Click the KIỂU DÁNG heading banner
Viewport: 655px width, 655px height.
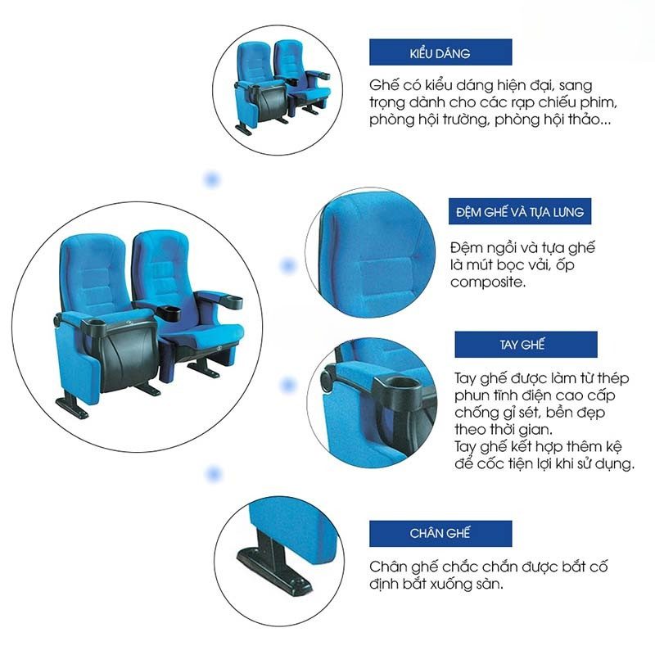point(440,52)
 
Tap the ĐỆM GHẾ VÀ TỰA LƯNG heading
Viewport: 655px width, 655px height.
point(520,211)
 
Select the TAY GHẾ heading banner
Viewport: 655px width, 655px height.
point(526,344)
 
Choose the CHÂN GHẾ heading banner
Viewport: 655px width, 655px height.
point(440,534)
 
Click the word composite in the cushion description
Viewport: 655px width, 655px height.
point(488,282)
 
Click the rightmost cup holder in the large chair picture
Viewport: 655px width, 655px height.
point(230,300)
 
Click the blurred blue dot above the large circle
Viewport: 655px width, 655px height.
point(212,180)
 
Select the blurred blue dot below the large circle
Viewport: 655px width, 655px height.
point(214,474)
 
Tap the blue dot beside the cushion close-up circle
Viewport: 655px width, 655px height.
point(288,265)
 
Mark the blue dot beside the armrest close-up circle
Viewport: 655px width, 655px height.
point(288,385)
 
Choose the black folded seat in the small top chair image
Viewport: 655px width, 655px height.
point(272,101)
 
